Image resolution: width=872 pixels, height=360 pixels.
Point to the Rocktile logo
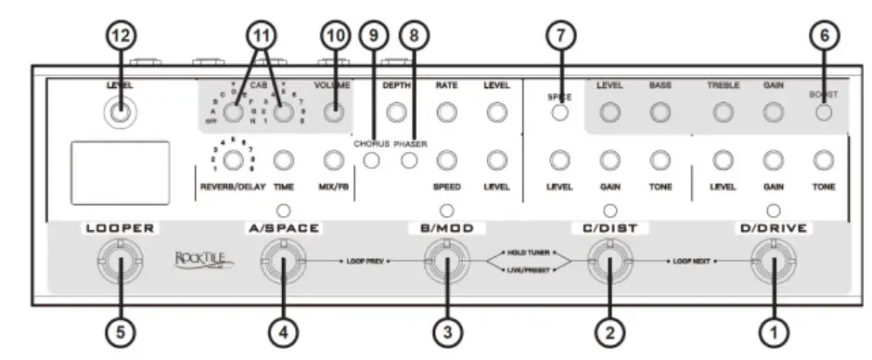pos(203,263)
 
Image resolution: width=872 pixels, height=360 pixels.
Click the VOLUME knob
pos(332,112)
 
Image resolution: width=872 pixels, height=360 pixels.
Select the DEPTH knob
pos(397,112)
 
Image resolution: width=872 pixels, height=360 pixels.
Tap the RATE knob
pos(448,112)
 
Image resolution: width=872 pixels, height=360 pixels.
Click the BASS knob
pos(660,112)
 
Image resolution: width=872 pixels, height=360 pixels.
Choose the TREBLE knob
pos(722,112)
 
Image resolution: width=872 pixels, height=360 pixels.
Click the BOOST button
pos(823,112)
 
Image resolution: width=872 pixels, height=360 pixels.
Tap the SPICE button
pos(559,113)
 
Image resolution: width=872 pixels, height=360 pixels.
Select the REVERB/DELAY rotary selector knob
pos(235,161)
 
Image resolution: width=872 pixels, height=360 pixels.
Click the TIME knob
pos(284,161)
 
